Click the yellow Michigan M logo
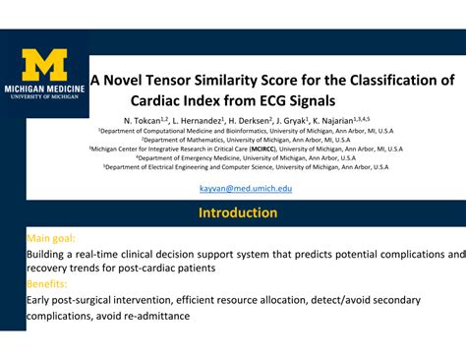tap(45, 64)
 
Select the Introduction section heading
tap(238, 212)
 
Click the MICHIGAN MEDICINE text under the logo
tap(45, 87)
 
